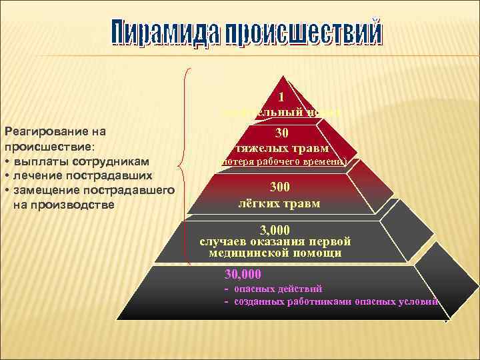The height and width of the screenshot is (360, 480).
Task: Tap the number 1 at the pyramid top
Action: tap(281, 96)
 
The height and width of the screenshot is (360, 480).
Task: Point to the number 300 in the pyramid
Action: tap(281, 189)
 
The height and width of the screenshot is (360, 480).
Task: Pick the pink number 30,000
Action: tap(243, 274)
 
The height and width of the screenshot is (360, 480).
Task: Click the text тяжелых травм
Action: tap(281, 147)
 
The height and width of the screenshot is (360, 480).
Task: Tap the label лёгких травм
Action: tap(279, 203)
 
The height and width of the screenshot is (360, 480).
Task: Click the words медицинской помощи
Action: tap(275, 253)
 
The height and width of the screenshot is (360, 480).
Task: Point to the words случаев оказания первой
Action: tap(275, 241)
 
